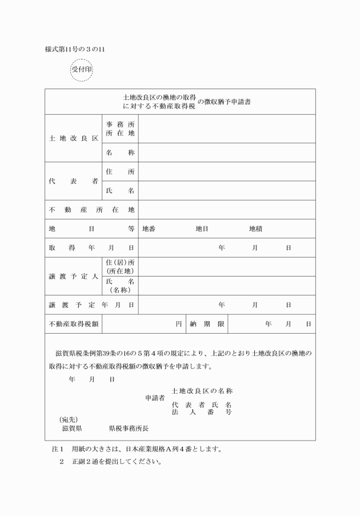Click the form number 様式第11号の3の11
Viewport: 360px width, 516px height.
click(75, 49)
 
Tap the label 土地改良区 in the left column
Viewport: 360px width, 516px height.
click(73, 138)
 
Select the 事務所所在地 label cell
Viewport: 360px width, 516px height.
click(120, 129)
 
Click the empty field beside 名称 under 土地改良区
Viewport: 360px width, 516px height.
click(227, 153)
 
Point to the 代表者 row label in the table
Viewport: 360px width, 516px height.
click(73, 181)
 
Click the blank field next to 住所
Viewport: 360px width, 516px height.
click(227, 171)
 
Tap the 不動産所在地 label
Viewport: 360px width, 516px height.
click(91, 210)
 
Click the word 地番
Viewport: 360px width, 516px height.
click(149, 229)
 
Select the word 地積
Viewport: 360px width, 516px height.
click(255, 229)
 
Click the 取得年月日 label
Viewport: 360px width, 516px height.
click(91, 247)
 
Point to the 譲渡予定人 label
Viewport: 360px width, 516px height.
click(73, 276)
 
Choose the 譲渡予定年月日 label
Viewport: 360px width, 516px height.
click(91, 305)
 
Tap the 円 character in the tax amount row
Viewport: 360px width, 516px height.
click(178, 324)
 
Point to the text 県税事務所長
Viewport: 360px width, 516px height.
click(129, 427)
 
